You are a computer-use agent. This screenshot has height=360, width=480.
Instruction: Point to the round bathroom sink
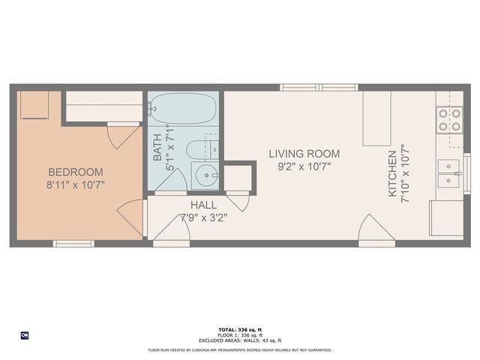(205, 176)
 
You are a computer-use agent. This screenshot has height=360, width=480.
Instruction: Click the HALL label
(203, 205)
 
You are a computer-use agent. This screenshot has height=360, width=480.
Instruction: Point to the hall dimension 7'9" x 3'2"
(203, 218)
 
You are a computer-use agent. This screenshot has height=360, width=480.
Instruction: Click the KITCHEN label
(391, 173)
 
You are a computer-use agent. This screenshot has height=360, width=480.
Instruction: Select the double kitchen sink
(449, 173)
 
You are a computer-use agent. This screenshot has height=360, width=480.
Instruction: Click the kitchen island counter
(376, 118)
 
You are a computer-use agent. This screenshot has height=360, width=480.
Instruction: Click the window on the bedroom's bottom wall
(73, 243)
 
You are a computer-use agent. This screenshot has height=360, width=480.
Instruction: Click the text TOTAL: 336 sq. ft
(239, 330)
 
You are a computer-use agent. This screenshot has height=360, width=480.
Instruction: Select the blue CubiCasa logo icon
(25, 334)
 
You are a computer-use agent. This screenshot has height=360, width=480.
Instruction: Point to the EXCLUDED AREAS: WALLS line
(239, 340)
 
